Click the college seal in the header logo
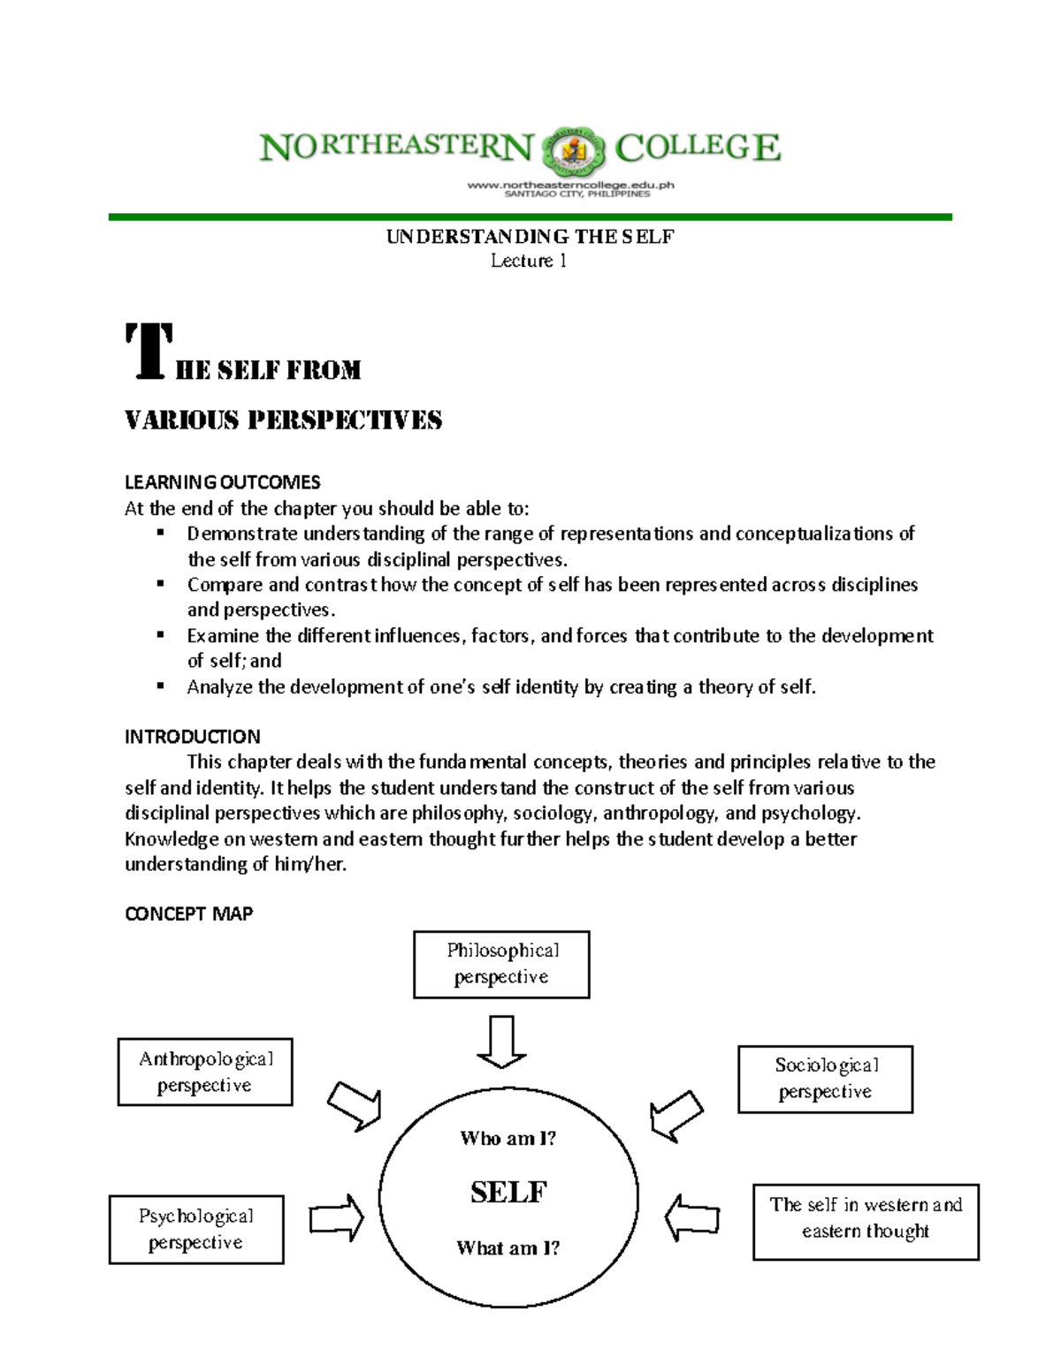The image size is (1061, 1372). (x=575, y=149)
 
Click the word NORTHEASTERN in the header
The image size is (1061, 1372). (x=396, y=148)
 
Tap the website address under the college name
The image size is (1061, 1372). (x=570, y=185)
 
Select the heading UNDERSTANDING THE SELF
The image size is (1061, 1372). (x=530, y=237)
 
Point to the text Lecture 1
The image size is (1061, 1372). (x=529, y=261)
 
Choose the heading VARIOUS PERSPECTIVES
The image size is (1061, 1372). (x=283, y=421)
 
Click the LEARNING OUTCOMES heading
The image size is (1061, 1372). (x=222, y=482)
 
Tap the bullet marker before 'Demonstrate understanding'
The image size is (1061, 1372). (x=160, y=533)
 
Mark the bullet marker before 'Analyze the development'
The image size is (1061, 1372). (x=160, y=686)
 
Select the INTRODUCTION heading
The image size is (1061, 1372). (x=192, y=737)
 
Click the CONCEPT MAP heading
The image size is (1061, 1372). (x=188, y=914)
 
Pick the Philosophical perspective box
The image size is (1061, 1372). (x=501, y=964)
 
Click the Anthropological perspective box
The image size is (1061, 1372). (x=205, y=1072)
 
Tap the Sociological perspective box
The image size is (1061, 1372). (x=825, y=1079)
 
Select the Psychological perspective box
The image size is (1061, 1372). (x=196, y=1229)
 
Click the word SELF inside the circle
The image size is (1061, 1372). (x=508, y=1192)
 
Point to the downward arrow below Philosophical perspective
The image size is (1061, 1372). (x=501, y=1042)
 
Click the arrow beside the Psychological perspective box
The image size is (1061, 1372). (x=337, y=1218)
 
